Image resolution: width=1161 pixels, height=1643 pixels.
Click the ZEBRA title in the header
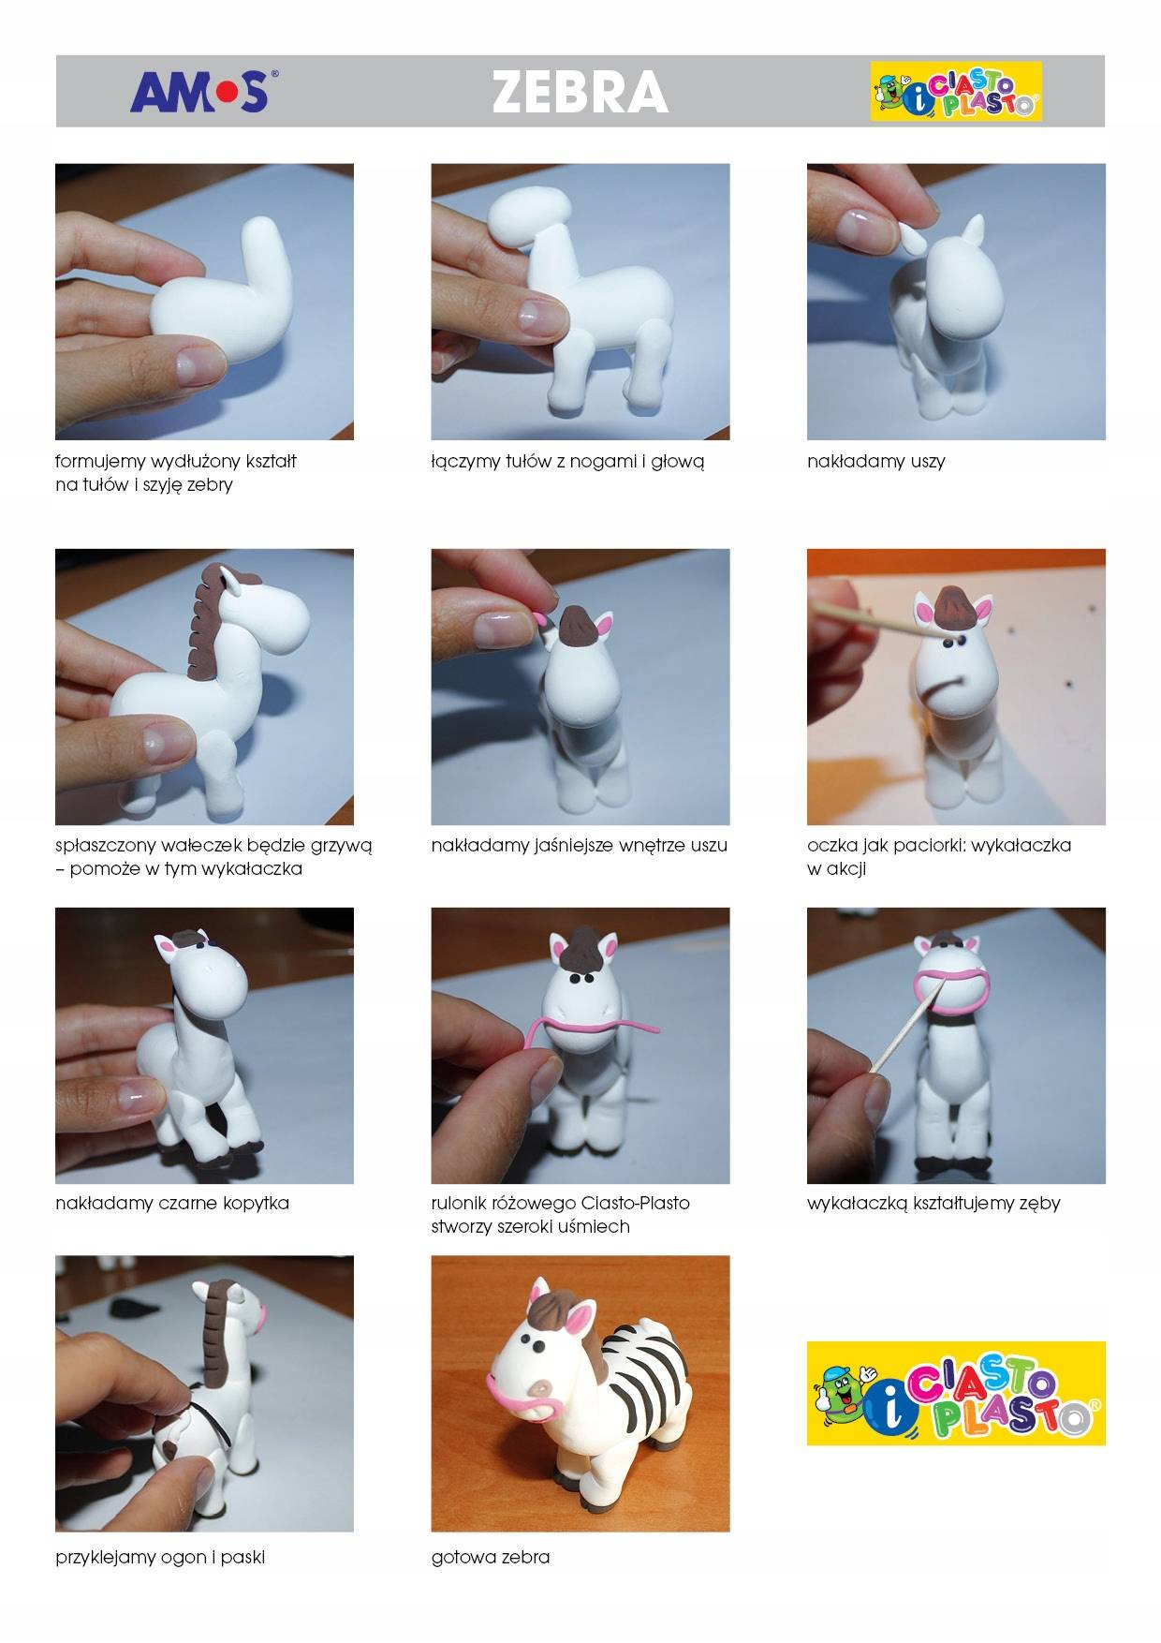(x=580, y=93)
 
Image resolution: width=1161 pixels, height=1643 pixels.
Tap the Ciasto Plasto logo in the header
(x=955, y=92)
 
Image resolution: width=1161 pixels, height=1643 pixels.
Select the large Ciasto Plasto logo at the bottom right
(x=956, y=1393)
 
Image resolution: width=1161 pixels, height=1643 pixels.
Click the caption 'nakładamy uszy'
(x=875, y=462)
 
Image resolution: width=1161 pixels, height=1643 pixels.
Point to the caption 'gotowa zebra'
(x=491, y=1558)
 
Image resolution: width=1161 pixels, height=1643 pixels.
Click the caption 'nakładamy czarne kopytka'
(x=172, y=1203)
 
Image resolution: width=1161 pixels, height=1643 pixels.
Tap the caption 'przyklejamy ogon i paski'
(x=160, y=1558)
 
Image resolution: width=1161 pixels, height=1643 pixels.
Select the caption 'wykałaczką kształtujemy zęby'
(x=933, y=1203)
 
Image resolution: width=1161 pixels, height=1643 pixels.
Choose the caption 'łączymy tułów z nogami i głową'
(x=567, y=462)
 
